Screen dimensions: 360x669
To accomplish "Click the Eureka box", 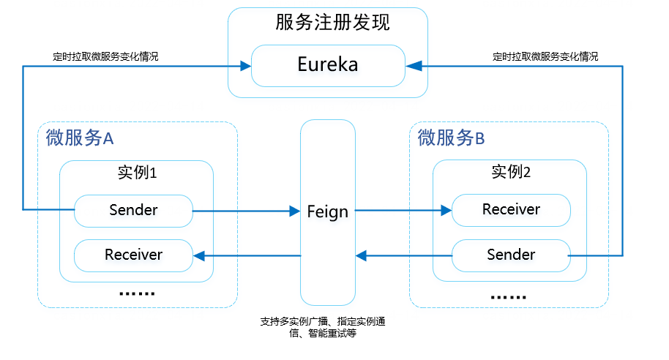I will [327, 65].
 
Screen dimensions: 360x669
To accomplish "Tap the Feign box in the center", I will [327, 212].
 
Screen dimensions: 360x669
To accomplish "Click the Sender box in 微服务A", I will [133, 211].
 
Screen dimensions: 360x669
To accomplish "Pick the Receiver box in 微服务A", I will [133, 255].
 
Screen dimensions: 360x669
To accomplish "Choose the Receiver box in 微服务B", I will [511, 210].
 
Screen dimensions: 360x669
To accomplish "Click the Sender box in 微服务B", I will [511, 255].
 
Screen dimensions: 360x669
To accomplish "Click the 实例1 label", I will [137, 173].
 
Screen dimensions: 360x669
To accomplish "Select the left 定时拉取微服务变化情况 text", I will [106, 56].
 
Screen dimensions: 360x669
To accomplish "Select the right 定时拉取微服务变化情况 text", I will [545, 56].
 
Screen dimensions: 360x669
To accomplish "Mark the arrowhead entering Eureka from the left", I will [245, 66].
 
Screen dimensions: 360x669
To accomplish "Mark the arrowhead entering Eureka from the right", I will [411, 66].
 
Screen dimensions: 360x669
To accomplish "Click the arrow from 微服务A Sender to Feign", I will [245, 211].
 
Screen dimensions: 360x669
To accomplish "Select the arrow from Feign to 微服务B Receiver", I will [403, 211].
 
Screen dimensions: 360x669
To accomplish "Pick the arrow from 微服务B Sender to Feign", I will [403, 255].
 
